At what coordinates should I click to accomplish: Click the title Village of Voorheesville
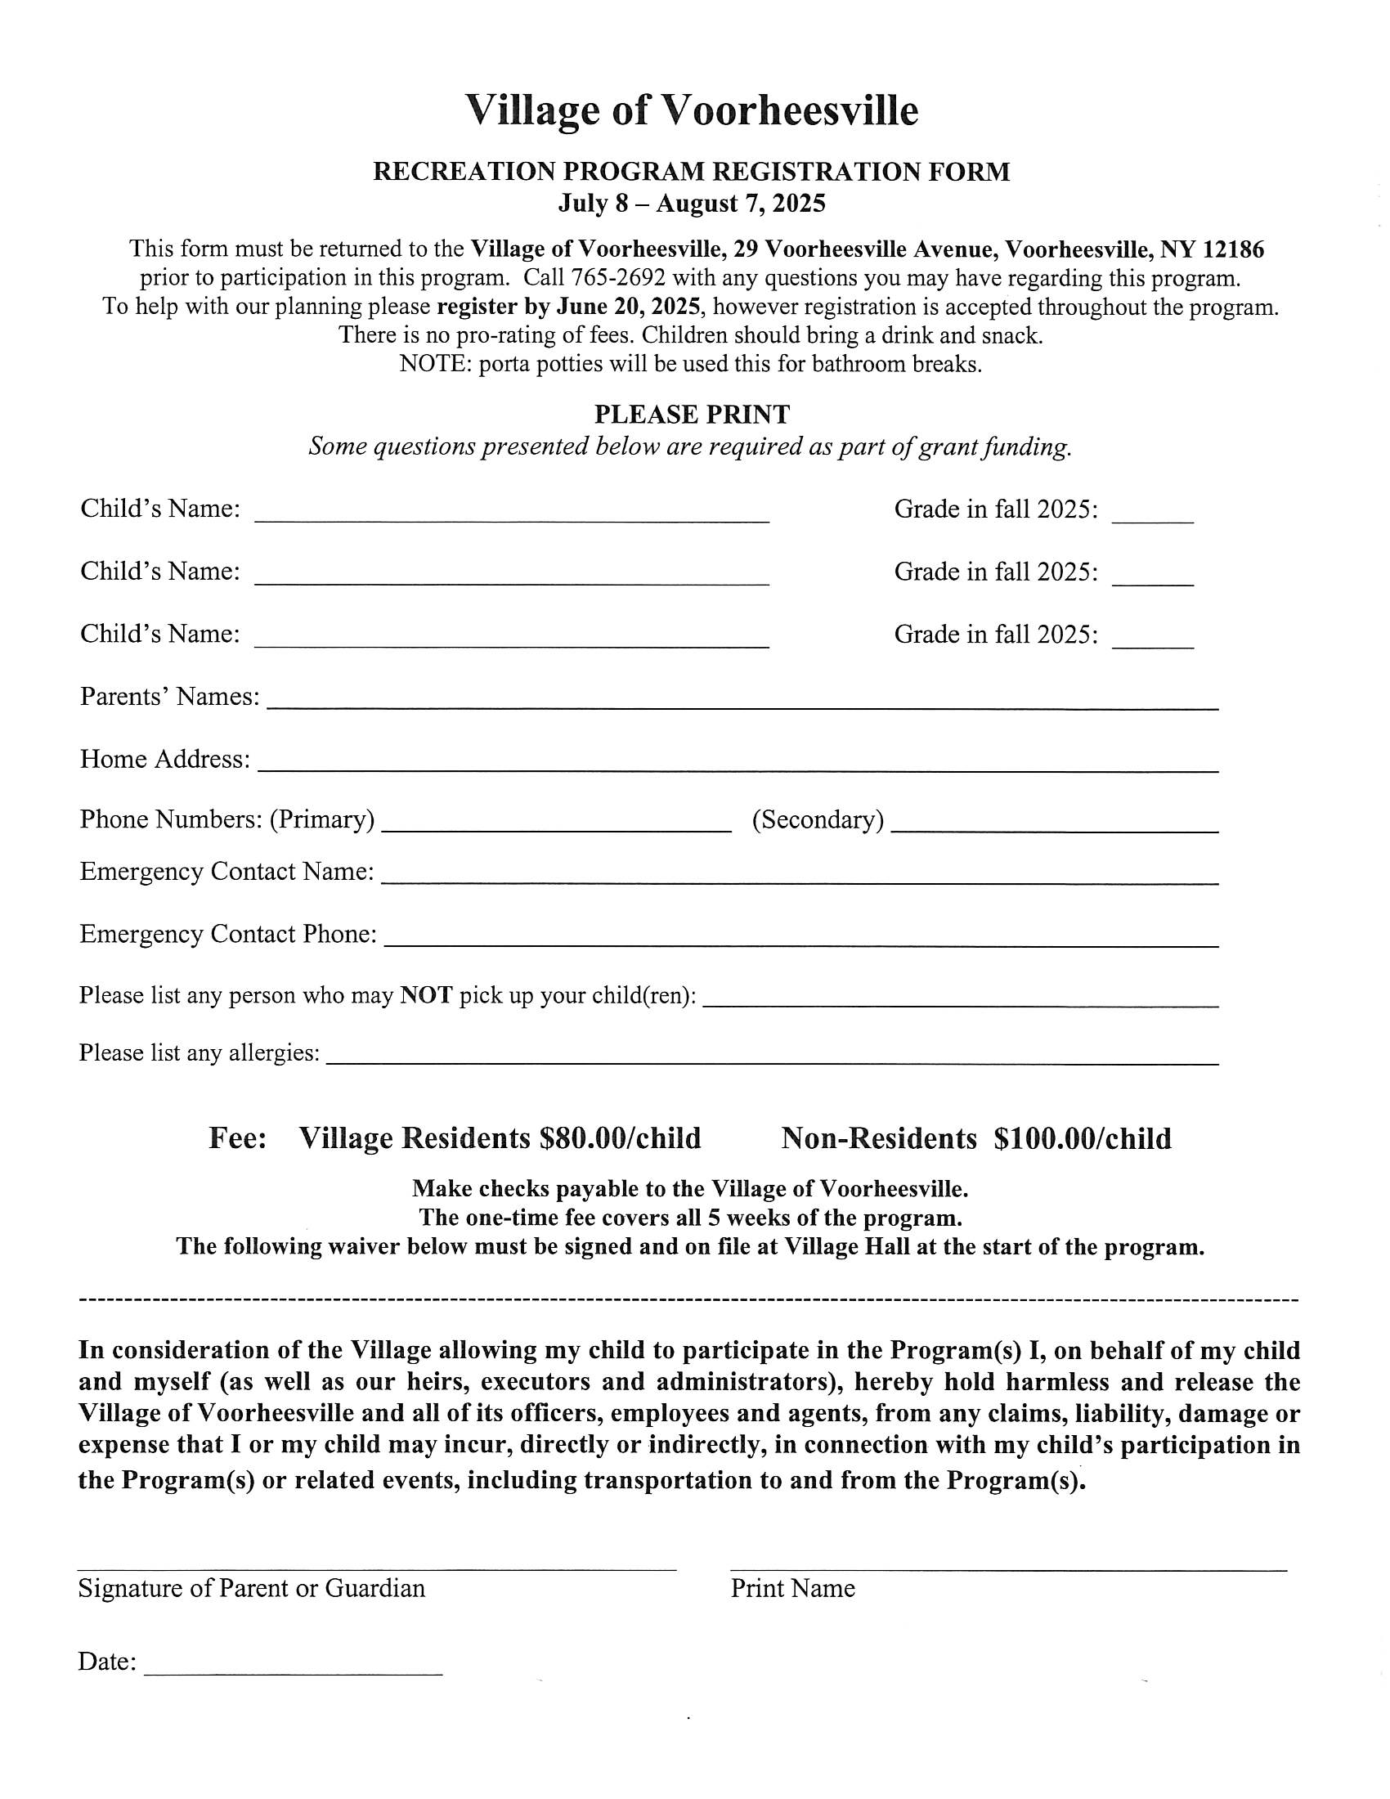pos(692,110)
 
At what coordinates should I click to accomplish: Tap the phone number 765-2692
pos(617,277)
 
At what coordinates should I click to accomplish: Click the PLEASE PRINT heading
pos(692,414)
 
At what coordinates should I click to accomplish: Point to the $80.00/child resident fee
pos(619,1138)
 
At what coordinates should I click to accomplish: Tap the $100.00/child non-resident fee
pos(1082,1138)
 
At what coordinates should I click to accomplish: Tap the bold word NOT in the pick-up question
pos(426,996)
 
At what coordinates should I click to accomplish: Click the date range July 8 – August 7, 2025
pos(692,203)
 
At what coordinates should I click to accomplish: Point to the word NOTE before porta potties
pos(433,363)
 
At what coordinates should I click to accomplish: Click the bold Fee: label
pos(237,1138)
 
